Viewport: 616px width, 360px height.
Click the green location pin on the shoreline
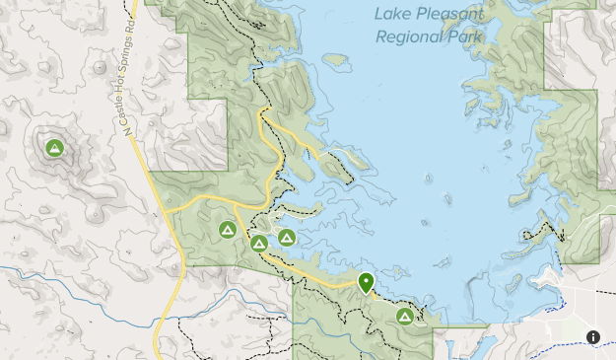366,283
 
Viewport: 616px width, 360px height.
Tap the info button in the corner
593,337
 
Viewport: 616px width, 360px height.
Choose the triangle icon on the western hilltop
54,148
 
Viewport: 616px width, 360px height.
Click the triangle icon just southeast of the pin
404,317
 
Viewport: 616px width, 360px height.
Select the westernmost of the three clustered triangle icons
227,230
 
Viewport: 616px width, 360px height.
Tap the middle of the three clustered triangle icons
259,243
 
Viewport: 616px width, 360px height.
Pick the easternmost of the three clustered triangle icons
287,237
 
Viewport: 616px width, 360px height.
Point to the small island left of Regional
336,60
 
